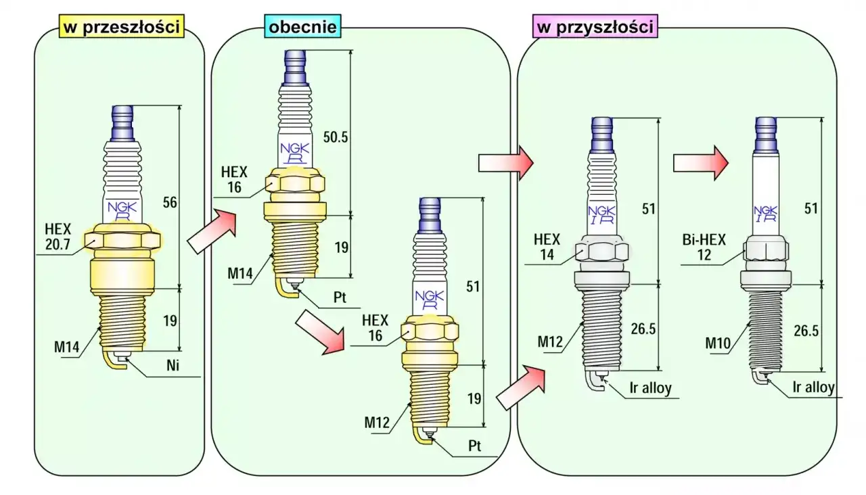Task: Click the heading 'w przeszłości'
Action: tap(121, 26)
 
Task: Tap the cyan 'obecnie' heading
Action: tap(302, 26)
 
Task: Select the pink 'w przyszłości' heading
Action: tap(595, 26)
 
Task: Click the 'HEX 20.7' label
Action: tap(58, 237)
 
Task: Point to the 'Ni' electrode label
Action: tap(173, 365)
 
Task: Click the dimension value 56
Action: tap(170, 202)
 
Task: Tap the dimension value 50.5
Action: tap(335, 137)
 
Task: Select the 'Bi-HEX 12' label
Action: tap(704, 247)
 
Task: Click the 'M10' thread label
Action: tap(718, 343)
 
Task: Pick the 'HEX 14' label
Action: tap(547, 247)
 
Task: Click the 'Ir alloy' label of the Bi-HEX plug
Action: tap(813, 387)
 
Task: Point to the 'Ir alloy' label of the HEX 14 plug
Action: tap(651, 387)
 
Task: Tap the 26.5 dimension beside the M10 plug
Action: tap(806, 331)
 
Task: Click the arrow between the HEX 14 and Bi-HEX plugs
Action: tap(701, 163)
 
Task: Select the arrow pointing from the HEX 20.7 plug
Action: tap(212, 231)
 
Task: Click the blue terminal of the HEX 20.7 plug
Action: tap(122, 123)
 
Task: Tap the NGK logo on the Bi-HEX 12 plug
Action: tap(765, 214)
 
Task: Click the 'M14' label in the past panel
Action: tap(66, 347)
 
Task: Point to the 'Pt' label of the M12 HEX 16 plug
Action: tap(475, 446)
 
